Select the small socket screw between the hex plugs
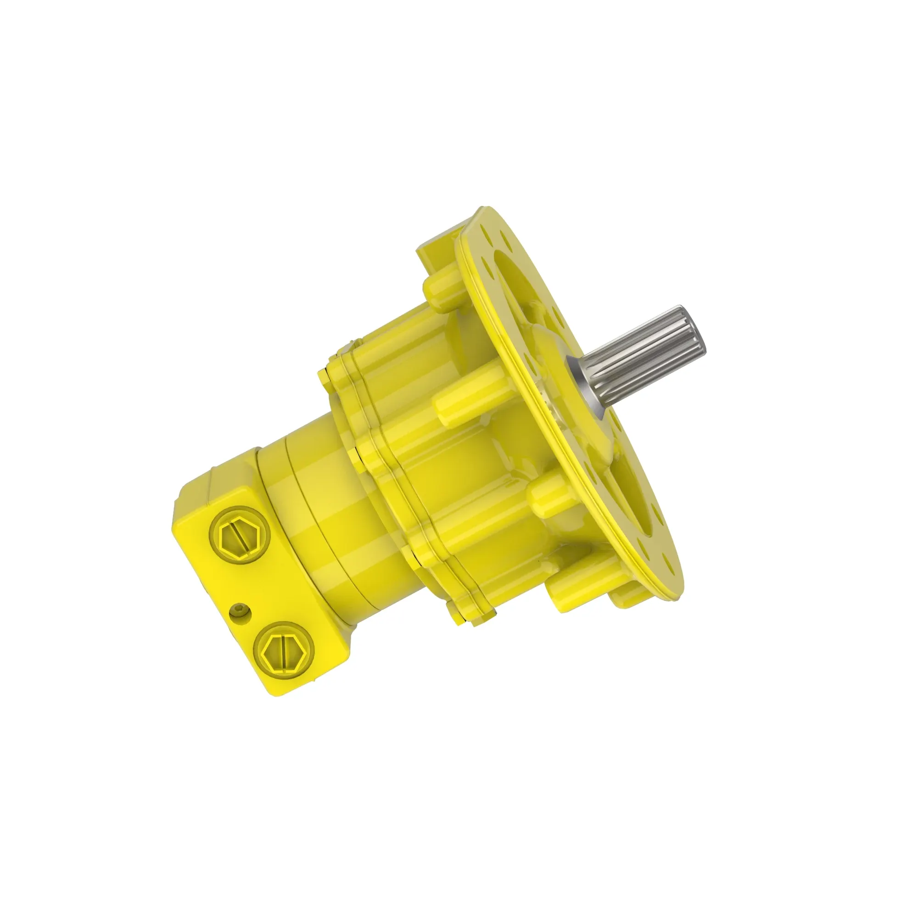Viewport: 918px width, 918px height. [x=239, y=610]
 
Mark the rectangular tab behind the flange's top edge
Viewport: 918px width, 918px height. [x=430, y=252]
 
